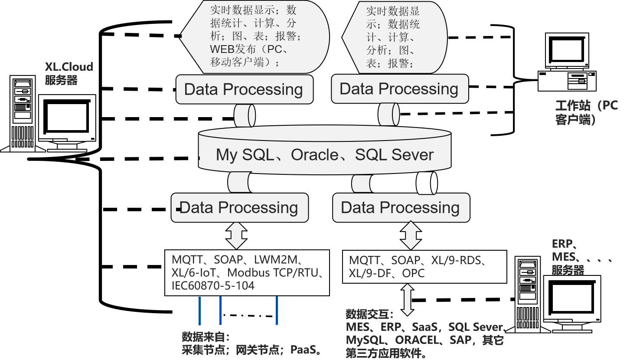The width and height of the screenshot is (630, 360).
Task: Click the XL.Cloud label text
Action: tap(69, 67)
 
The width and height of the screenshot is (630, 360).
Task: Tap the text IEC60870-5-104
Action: tap(213, 286)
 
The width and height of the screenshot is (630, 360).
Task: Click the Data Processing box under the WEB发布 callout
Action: tap(244, 89)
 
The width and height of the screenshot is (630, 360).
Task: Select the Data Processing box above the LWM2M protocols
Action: tap(239, 208)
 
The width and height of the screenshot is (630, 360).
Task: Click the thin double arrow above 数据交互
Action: tap(408, 300)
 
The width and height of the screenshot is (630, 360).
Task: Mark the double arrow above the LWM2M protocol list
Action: tap(237, 236)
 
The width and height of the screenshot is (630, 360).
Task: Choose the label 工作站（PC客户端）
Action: tap(586, 112)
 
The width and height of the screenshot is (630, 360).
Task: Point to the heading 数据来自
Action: tap(205, 337)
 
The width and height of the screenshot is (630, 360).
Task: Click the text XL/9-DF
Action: tap(372, 274)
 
